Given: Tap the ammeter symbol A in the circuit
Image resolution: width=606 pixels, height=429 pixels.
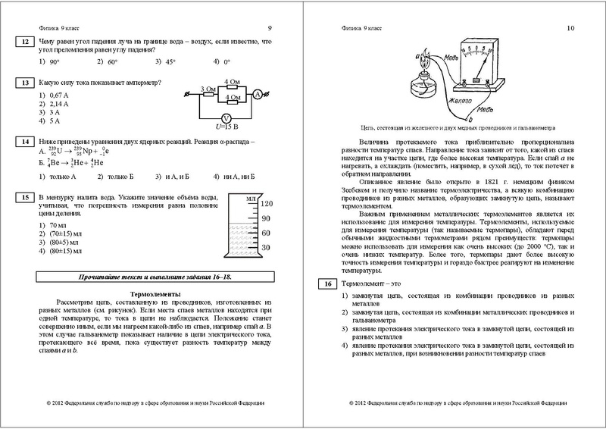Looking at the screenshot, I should (x=257, y=94).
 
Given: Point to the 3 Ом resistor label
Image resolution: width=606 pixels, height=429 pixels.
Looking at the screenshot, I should (x=207, y=88).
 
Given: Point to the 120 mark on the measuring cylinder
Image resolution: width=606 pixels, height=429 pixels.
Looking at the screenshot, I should (x=266, y=205).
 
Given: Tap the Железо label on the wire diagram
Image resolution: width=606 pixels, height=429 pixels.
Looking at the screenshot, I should (x=460, y=99).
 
